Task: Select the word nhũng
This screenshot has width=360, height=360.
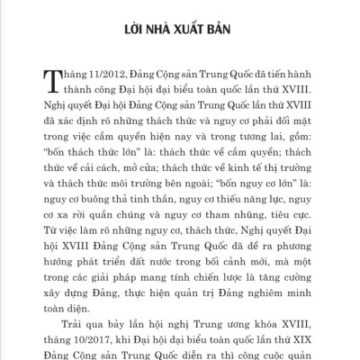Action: coord(249,228)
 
